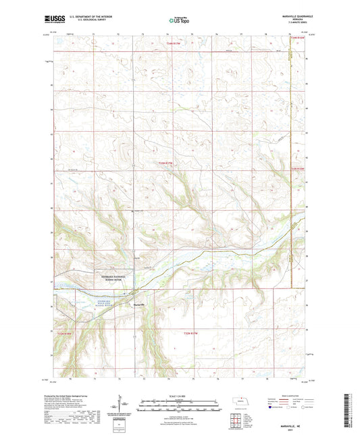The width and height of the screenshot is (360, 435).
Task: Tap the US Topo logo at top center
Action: (180, 21)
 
